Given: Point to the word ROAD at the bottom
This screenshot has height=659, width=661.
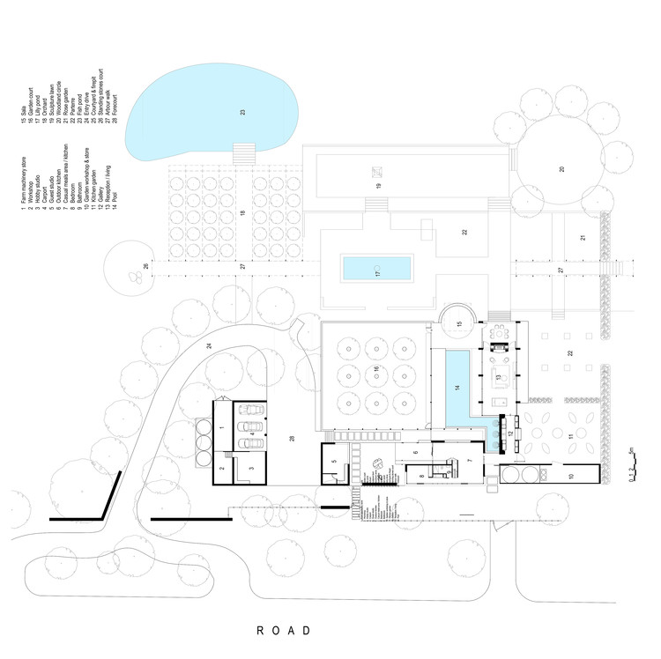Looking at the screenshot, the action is click(284, 631).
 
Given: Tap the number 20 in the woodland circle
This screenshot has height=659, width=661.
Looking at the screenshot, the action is click(561, 168).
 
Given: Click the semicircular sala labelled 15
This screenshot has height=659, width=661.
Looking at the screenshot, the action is click(458, 322).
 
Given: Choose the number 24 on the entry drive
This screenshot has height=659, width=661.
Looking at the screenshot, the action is click(209, 346).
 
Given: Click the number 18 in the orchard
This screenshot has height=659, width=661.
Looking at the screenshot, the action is click(241, 214).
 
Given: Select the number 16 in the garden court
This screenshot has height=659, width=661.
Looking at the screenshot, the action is click(376, 369).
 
